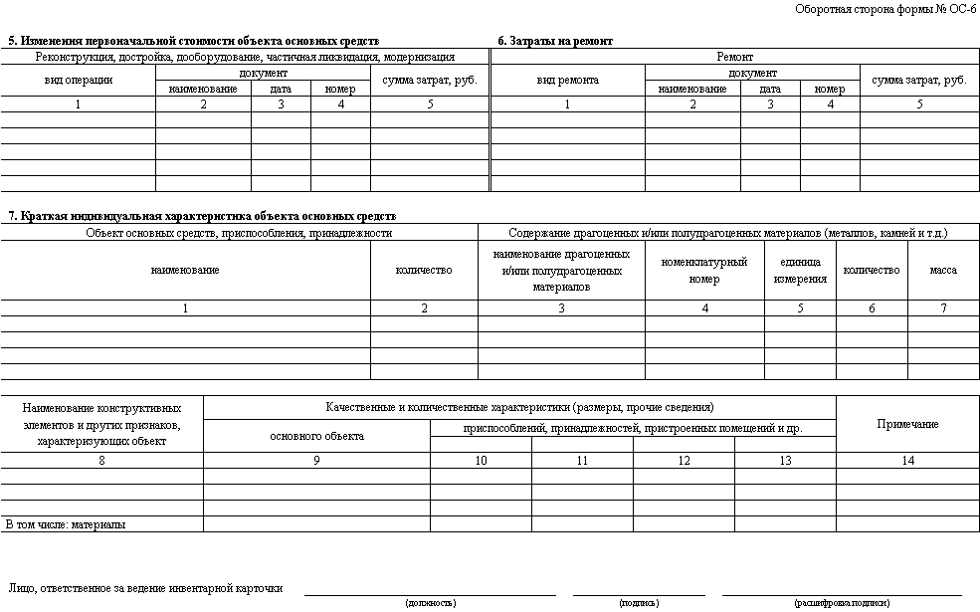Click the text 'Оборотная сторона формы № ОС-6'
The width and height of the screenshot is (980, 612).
[x=885, y=9]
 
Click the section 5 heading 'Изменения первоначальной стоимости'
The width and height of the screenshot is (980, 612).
[x=194, y=41]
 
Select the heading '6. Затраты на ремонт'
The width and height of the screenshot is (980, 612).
[x=555, y=41]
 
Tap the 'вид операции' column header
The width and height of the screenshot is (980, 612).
[x=78, y=81]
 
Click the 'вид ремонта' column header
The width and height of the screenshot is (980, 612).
[x=567, y=81]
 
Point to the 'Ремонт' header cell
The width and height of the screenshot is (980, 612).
[x=734, y=58]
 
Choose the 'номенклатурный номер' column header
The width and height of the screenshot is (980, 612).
[x=704, y=271]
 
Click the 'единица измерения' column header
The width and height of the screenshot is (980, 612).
[x=800, y=271]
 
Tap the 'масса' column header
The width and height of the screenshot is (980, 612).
[x=943, y=271]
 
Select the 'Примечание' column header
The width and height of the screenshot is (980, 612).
[x=907, y=424]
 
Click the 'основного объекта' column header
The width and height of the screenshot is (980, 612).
[x=316, y=435]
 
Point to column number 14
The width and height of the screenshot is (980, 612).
[x=907, y=460]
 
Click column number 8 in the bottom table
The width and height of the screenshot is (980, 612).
[x=101, y=460]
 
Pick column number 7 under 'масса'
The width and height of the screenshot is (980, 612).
[x=943, y=308]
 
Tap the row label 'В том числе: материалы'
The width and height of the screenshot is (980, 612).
[x=66, y=523]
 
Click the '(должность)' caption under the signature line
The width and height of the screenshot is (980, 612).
[x=431, y=603]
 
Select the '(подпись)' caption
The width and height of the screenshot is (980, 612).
[x=638, y=603]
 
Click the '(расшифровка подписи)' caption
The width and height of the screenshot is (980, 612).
[x=842, y=603]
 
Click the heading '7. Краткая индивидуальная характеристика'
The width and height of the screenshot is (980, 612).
[x=201, y=216]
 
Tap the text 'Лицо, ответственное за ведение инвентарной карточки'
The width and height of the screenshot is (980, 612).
[x=145, y=588]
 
